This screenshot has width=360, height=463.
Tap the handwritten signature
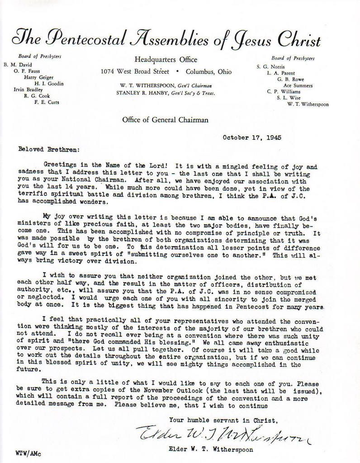(222, 435)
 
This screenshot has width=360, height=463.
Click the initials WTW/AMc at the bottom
(26, 452)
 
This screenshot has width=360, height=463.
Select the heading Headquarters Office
(166, 60)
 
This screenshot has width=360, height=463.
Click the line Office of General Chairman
(165, 120)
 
